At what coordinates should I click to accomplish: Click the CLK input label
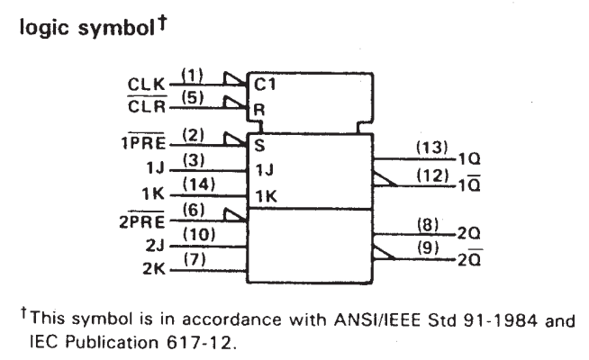click(146, 84)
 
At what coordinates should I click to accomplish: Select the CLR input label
click(146, 106)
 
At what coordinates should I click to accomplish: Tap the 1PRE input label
click(143, 142)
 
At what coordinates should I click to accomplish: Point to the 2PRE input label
click(142, 220)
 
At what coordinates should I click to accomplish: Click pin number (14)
click(199, 184)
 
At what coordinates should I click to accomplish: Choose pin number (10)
click(199, 235)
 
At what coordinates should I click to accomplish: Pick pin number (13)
click(432, 148)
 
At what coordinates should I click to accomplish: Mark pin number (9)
click(428, 247)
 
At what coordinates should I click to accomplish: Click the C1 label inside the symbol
click(265, 85)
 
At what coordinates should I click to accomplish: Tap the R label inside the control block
click(259, 110)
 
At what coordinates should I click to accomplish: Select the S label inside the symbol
click(259, 145)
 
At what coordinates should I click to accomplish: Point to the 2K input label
click(154, 269)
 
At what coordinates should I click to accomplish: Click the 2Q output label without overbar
click(469, 233)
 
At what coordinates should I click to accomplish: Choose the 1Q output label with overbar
click(469, 184)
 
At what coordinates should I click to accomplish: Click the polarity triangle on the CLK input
click(234, 78)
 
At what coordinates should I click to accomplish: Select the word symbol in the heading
click(115, 29)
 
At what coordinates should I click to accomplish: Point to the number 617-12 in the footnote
click(198, 342)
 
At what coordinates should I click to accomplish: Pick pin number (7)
click(195, 259)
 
